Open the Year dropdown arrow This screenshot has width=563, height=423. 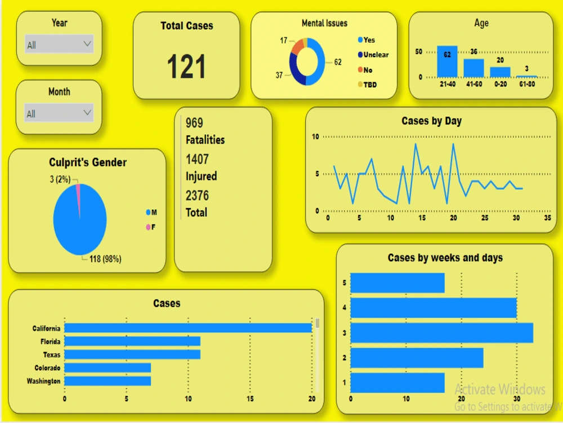(x=87, y=43)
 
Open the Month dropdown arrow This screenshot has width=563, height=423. (x=87, y=112)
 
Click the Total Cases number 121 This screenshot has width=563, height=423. (x=186, y=67)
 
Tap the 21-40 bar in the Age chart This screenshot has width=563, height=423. (x=447, y=61)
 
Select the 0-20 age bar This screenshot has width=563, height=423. (x=500, y=72)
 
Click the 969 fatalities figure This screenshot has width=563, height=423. (x=194, y=123)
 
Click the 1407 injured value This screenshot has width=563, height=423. (x=197, y=159)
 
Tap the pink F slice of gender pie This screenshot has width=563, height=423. (x=78, y=192)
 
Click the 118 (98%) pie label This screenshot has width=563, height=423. (x=105, y=259)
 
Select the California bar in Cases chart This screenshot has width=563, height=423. (x=188, y=328)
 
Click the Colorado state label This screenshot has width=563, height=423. (x=47, y=368)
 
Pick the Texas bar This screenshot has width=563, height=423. (x=132, y=354)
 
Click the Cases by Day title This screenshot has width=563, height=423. (x=431, y=121)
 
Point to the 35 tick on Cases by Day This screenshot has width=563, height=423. (x=547, y=218)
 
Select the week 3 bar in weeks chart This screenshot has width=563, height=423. (x=441, y=332)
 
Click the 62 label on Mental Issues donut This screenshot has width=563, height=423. (x=338, y=63)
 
